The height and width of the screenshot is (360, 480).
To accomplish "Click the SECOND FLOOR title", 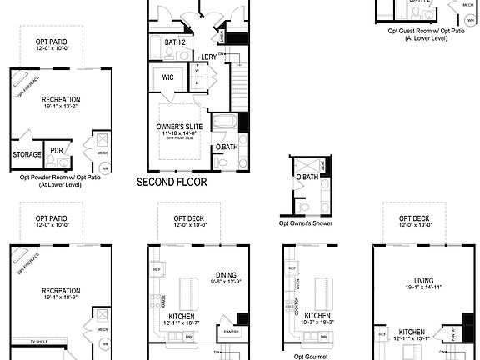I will click(x=172, y=181).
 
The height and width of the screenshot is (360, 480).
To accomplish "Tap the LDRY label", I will click(x=209, y=57).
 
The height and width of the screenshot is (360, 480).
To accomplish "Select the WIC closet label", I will click(x=167, y=78).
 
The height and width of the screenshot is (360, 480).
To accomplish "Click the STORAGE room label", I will click(x=27, y=154).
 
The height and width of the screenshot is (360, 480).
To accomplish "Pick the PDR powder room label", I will click(x=57, y=151).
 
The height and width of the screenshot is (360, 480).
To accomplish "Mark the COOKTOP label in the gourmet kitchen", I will click(x=297, y=307).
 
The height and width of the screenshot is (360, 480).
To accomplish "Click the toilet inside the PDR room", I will click(x=57, y=163).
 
